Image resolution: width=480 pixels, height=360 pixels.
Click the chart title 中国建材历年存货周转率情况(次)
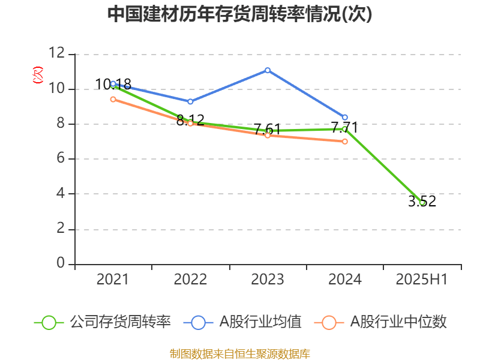239,14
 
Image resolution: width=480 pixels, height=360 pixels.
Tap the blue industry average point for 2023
268,70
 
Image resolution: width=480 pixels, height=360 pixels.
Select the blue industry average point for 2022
190,101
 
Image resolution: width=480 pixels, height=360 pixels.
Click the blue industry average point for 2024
345,118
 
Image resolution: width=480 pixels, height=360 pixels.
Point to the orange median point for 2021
113,100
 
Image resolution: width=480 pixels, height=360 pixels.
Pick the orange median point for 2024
345,142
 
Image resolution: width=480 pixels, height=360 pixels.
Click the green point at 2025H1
422,203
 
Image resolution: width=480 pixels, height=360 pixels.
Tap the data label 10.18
113,84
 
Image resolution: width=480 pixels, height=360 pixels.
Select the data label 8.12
190,120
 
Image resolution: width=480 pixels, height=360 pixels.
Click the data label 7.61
268,129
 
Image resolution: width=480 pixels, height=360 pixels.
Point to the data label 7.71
344,127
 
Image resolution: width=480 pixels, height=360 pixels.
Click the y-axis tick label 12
57,53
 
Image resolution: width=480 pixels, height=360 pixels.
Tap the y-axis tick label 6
61,158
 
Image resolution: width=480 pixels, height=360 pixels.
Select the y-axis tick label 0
61,263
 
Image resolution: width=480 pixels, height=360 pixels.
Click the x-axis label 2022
190,280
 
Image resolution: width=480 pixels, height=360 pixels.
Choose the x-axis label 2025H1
422,280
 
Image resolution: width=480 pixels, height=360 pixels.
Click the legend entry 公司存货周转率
102,322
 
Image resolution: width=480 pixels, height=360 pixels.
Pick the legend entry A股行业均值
242,322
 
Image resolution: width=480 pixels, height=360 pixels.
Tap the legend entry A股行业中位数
380,322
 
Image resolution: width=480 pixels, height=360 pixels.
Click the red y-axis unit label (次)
38,75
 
